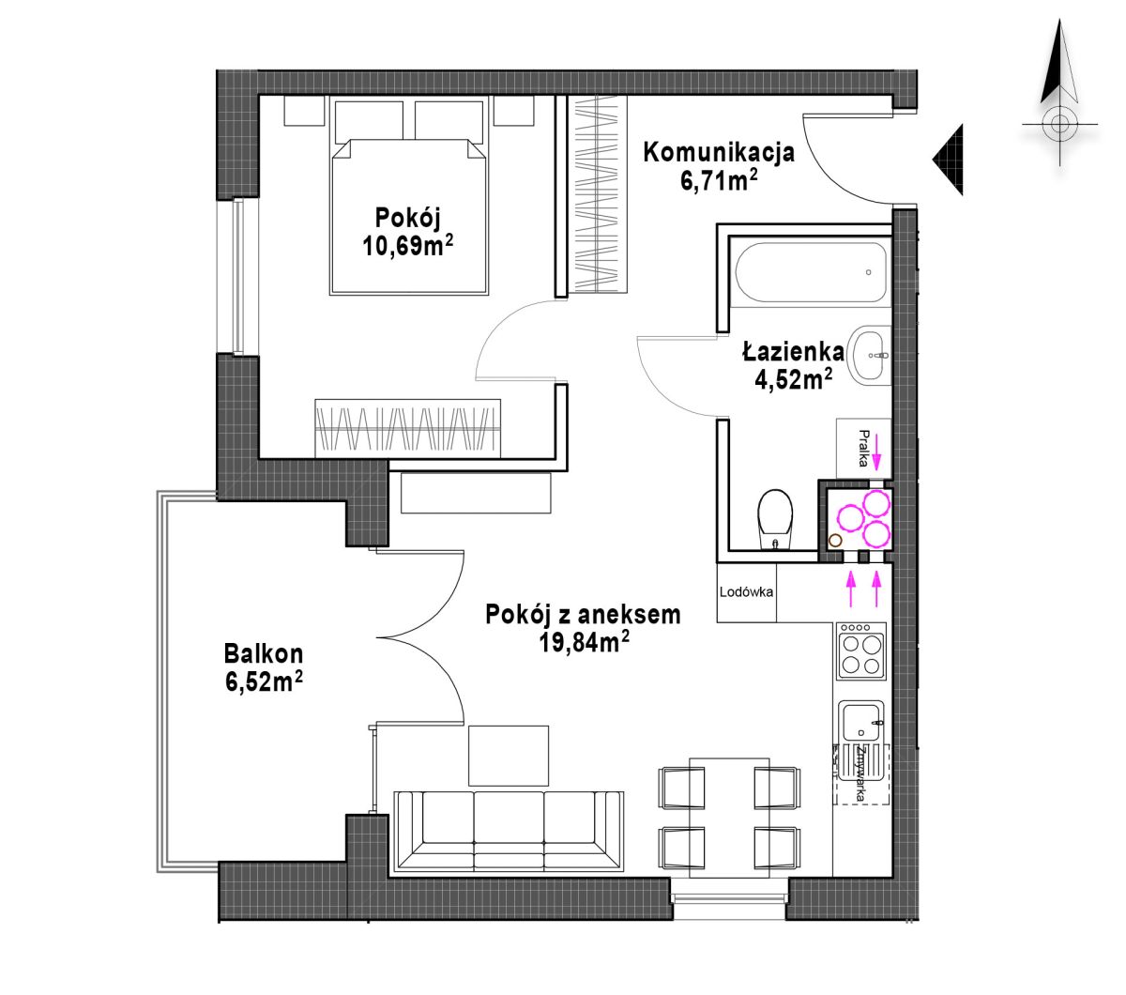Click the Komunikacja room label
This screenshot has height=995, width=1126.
718,153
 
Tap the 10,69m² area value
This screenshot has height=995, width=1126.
407,245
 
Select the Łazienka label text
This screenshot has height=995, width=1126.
793,351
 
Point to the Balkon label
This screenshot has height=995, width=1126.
264,653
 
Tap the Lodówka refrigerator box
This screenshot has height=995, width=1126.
746,592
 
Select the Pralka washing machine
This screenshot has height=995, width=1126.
863,449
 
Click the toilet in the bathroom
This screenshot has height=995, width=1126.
775,520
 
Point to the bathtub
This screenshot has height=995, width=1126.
811,272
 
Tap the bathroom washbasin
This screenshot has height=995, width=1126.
869,354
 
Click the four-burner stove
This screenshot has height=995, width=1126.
860,651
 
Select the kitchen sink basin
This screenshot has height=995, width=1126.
860,721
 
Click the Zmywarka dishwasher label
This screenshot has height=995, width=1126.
861,773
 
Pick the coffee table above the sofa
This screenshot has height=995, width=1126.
508,756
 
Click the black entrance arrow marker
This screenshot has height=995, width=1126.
948,160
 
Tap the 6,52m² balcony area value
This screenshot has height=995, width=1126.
264,681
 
